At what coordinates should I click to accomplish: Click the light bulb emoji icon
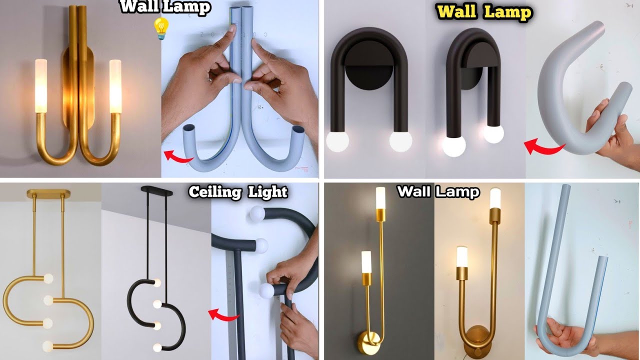click(x=160, y=28)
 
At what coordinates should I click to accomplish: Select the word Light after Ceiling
click(x=268, y=192)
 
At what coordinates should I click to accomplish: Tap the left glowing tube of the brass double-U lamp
click(x=40, y=85)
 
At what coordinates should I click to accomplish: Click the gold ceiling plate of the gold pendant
click(x=48, y=193)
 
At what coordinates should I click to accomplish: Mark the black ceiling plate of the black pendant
click(x=157, y=190)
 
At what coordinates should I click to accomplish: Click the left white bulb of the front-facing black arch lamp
click(x=338, y=141)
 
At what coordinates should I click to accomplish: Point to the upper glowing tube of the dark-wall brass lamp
click(x=380, y=198)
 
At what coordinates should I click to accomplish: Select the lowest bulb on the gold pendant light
click(x=47, y=345)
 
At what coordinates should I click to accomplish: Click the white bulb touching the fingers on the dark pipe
click(x=266, y=290)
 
